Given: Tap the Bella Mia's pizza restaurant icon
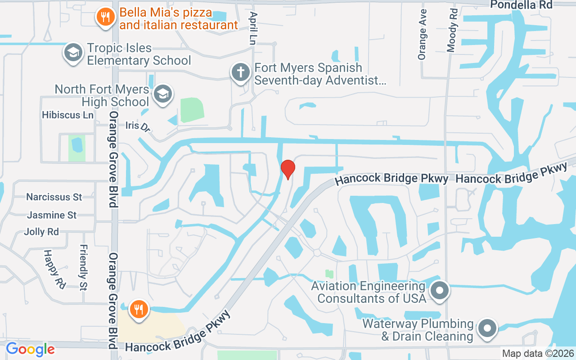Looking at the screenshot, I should [105, 18].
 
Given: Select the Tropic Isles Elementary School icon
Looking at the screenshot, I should [72, 53].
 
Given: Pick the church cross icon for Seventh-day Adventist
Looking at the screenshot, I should [241, 72].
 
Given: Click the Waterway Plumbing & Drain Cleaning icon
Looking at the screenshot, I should [487, 328].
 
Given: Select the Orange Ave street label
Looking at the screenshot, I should [422, 38].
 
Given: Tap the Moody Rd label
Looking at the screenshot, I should [453, 30].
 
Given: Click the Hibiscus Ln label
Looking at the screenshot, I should [67, 115].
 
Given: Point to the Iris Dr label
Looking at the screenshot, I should [138, 126].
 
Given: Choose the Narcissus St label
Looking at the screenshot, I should [54, 197].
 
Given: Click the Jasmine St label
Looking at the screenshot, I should [52, 215].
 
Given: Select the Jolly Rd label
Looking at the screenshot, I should [41, 232].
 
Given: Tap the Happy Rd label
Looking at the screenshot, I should [54, 269].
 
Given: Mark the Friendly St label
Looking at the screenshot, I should [83, 267].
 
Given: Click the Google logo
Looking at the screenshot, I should [30, 349].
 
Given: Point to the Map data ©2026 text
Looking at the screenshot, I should [538, 353].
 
